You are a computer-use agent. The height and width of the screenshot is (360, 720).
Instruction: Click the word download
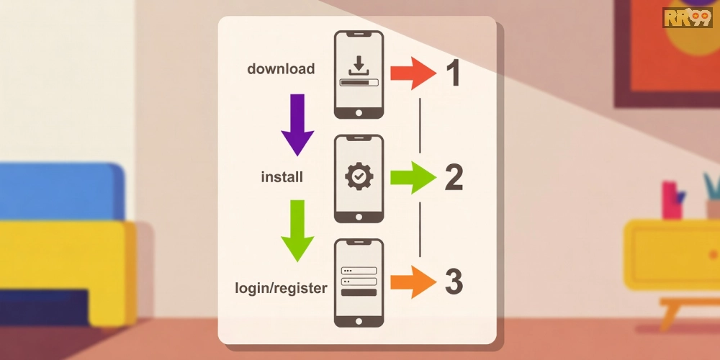(281, 69)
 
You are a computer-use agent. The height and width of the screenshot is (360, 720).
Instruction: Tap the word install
(282, 177)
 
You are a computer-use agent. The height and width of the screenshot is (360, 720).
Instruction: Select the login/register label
(281, 289)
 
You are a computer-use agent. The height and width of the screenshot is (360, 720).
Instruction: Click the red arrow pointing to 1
(413, 73)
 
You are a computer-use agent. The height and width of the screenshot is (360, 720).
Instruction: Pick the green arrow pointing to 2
(413, 177)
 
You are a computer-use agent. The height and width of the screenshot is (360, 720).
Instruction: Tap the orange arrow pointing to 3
(413, 282)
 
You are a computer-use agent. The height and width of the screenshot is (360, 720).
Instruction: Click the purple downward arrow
(297, 125)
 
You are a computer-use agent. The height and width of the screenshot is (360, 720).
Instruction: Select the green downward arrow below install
(297, 230)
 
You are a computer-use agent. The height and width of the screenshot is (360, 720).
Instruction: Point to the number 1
(453, 73)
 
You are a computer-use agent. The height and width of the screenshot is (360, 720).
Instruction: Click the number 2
(454, 178)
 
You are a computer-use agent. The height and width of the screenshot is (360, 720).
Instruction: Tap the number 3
(454, 282)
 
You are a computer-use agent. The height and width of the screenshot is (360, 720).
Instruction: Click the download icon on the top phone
(359, 66)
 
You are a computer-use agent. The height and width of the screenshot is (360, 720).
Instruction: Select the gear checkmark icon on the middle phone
(359, 176)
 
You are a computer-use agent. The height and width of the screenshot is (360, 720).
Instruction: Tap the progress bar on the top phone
(359, 83)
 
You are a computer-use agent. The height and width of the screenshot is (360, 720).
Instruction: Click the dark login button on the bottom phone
(359, 292)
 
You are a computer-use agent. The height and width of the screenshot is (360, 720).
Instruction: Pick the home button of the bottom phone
(359, 321)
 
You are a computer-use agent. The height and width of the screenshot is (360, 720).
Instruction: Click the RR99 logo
(688, 17)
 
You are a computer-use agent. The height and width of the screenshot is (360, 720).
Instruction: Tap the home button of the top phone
(359, 112)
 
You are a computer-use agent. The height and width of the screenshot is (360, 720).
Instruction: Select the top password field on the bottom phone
(359, 271)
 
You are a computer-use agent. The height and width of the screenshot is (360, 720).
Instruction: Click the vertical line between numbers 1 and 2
(420, 125)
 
